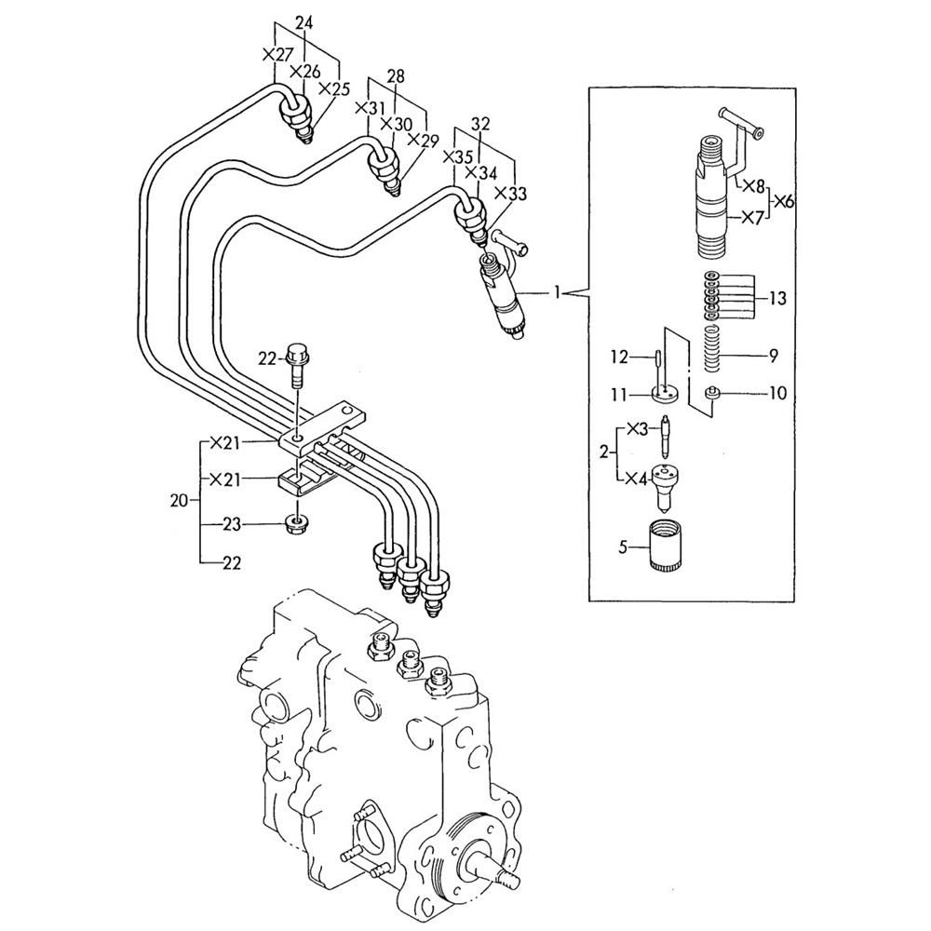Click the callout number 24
304,24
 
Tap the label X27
277,55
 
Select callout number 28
396,76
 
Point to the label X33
510,194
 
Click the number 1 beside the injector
557,292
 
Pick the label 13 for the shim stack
777,298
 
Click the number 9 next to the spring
773,356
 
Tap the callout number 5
623,546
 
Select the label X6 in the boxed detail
784,202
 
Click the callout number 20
179,501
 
